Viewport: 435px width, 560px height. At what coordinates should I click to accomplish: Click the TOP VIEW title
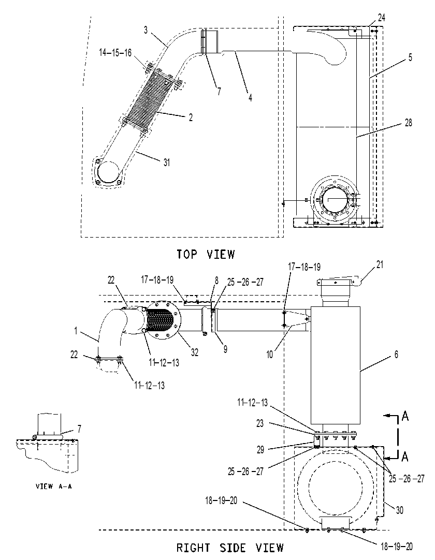[206, 254]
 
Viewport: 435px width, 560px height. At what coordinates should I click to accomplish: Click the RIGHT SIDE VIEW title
[230, 548]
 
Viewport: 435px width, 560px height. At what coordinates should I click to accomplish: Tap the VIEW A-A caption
[54, 486]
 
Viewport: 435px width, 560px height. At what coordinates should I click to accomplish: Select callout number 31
[167, 163]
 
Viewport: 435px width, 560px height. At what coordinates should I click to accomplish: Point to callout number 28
[408, 123]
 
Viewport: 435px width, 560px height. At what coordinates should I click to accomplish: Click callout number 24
[381, 18]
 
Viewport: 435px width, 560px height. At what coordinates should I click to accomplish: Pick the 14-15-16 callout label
[115, 53]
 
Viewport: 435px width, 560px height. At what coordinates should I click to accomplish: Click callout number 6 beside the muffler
[396, 355]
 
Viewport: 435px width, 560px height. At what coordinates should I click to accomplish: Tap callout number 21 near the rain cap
[380, 264]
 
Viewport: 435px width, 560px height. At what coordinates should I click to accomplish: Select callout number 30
[400, 510]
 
